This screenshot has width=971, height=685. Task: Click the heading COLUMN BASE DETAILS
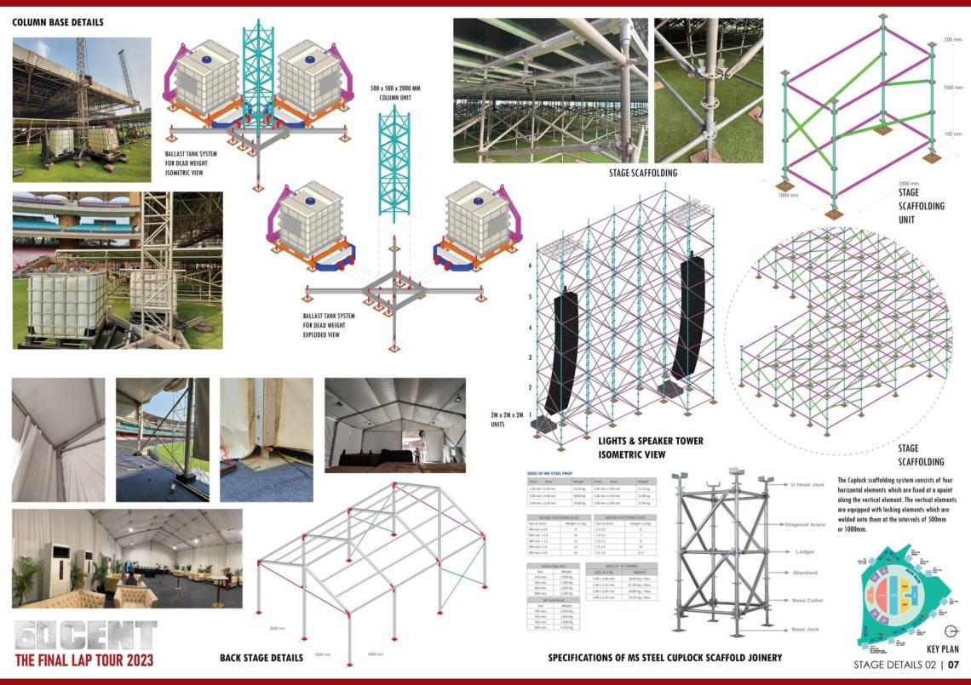tap(58, 22)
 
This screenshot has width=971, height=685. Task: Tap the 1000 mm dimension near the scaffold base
tap(789, 195)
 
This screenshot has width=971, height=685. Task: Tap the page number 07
tap(953, 665)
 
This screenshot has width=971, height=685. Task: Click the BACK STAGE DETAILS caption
tap(261, 658)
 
